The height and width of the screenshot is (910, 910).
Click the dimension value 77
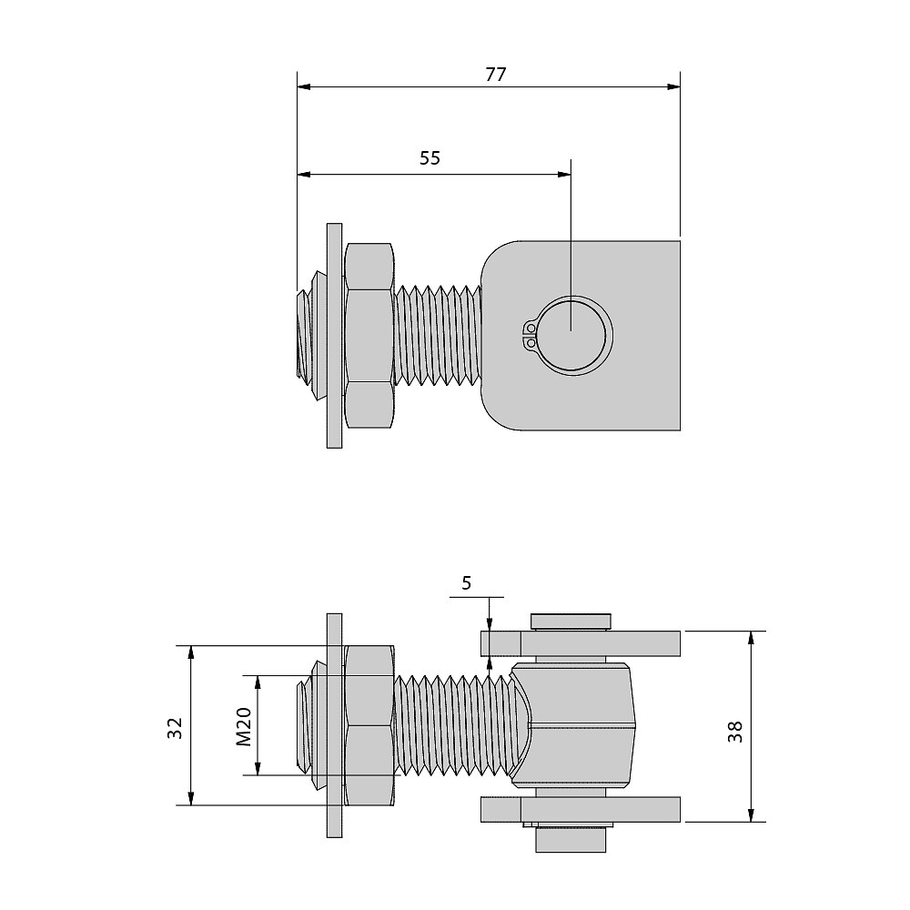[495, 75]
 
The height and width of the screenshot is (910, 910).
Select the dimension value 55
[430, 157]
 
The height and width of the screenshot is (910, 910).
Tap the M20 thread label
[244, 726]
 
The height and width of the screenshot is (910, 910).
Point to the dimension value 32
[176, 726]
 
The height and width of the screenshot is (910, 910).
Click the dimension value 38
[735, 732]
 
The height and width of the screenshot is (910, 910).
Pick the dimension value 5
[467, 583]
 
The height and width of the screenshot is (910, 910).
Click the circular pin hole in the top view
[571, 334]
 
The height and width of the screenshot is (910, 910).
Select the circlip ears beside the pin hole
[530, 335]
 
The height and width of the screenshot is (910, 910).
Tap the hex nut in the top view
[369, 335]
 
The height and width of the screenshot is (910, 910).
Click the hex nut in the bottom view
[369, 725]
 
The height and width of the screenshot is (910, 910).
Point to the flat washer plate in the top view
[334, 335]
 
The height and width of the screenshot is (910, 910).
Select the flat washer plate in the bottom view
[334, 725]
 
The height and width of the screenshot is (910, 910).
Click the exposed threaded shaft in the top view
[437, 335]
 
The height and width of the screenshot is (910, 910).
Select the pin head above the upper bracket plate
[570, 622]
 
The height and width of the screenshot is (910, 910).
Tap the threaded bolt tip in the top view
[304, 335]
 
